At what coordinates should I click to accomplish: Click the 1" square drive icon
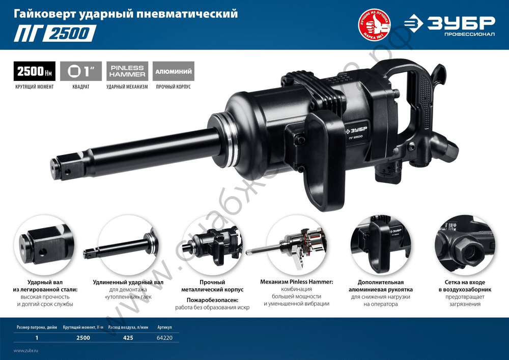[x=81, y=71]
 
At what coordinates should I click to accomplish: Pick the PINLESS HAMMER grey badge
[x=127, y=71]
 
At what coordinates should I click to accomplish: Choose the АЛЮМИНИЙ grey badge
[x=173, y=71]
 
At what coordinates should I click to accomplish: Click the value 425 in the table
[x=128, y=338]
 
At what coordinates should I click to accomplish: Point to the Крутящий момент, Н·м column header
[x=83, y=327]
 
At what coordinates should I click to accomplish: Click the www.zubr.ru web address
[x=26, y=351]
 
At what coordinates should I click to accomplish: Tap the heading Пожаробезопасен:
[x=212, y=300]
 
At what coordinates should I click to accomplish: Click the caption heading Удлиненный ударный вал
[x=128, y=282]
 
